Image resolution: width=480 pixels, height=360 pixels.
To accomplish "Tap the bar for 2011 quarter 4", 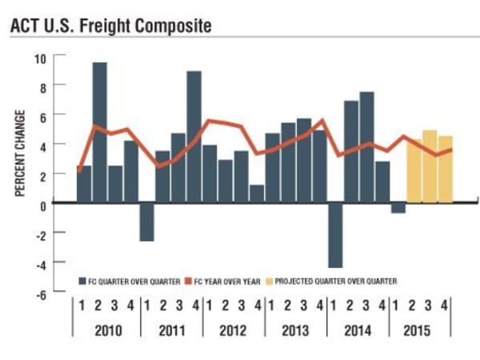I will pyautogui.click(x=194, y=137).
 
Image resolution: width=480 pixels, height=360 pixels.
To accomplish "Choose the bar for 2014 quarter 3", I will pyautogui.click(x=366, y=147).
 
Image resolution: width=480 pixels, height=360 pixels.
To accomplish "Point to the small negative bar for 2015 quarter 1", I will pyautogui.click(x=398, y=208).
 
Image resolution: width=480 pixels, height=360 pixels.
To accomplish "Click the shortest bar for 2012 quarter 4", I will pyautogui.click(x=256, y=194).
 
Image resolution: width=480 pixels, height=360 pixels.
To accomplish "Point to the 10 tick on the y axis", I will pyautogui.click(x=39, y=58).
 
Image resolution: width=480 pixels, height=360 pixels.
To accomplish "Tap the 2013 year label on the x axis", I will pyautogui.click(x=296, y=330).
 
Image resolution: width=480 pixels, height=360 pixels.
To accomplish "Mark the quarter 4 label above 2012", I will pyautogui.click(x=257, y=305).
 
